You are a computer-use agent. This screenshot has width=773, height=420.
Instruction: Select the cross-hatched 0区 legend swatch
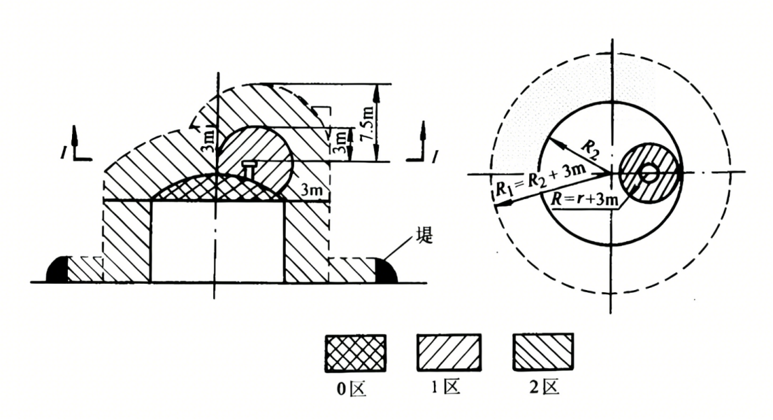tap(356, 353)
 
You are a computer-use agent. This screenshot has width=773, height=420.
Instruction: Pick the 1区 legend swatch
tap(449, 352)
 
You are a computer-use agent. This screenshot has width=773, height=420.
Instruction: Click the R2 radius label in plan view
tap(591, 150)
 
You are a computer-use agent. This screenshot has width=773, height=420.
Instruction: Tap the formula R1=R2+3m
tap(540, 181)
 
